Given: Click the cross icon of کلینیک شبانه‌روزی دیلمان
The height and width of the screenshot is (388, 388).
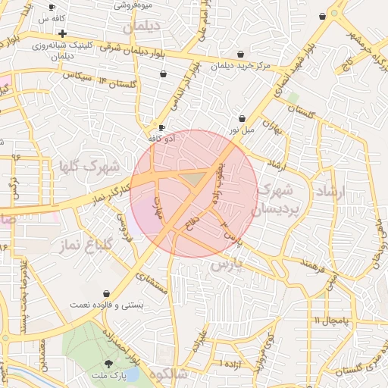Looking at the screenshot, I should pos(62,33).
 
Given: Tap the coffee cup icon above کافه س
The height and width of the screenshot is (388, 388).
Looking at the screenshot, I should pos(52,7).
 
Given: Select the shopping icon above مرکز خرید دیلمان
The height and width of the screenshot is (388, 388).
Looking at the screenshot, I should pos(241,54).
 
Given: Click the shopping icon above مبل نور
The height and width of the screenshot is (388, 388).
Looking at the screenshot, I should pos(242,118).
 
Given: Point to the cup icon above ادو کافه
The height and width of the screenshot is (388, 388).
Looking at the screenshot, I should pos(161,127).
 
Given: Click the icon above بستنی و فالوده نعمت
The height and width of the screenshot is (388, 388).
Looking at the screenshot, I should pos(106,293).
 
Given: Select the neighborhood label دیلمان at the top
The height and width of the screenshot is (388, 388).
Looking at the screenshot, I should pos(146,27).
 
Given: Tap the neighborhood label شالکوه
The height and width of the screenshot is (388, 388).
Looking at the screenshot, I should pos(168,374).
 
